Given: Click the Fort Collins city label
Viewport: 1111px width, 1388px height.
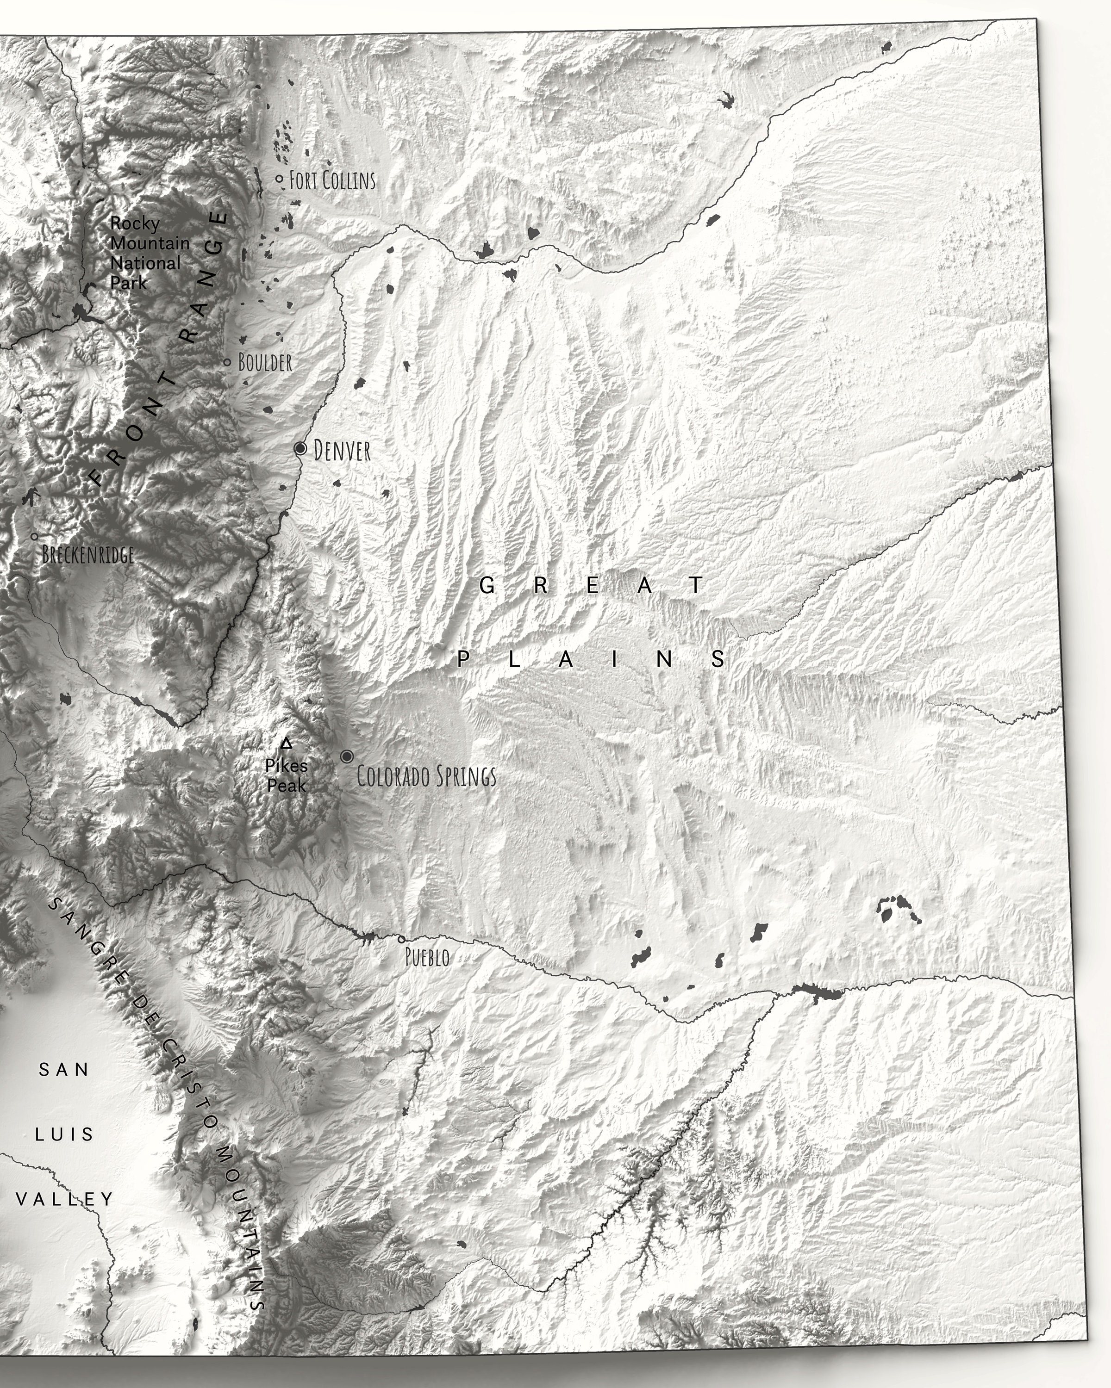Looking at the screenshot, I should tap(332, 180).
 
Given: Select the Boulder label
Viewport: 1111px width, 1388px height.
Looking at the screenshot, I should tap(265, 362).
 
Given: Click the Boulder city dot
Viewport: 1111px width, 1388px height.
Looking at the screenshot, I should tap(227, 362).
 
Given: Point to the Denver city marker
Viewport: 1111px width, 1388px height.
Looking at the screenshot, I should tap(300, 448).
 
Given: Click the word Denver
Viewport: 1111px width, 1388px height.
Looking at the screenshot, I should tap(342, 451).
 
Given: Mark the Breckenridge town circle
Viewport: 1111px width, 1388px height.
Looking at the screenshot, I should tap(35, 536).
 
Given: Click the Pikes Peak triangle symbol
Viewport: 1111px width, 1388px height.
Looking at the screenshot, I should tap(287, 744).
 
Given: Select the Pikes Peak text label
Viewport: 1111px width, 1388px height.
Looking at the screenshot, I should tap(287, 776).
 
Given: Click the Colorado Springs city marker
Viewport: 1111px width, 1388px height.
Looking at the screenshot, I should tap(347, 756).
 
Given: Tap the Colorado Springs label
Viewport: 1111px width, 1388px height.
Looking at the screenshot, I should tap(426, 776).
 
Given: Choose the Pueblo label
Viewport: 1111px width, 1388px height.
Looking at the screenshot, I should tap(427, 957).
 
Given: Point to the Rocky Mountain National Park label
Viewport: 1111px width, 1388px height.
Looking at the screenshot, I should tap(148, 253).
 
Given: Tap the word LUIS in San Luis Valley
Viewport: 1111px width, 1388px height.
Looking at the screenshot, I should tap(64, 1134).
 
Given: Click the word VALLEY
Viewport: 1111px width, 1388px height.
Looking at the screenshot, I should tap(64, 1199).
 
